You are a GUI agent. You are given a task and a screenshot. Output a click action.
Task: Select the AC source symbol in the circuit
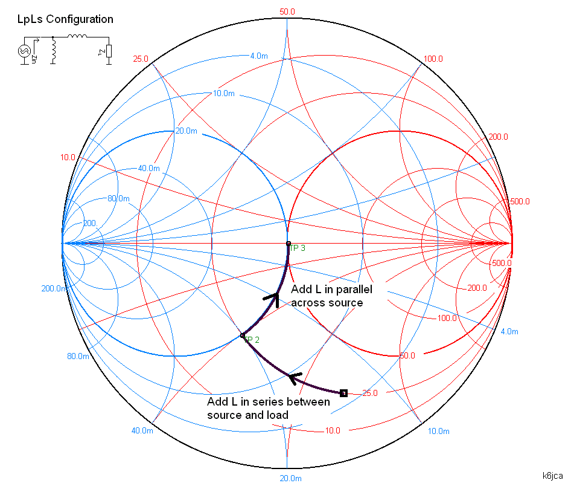pyautogui.click(x=25, y=51)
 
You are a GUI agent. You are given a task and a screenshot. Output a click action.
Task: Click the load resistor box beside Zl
pyautogui.click(x=109, y=51)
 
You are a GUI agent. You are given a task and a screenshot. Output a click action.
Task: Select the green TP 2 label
pyautogui.click(x=252, y=340)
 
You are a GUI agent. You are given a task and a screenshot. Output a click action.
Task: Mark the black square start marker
pyautogui.click(x=343, y=393)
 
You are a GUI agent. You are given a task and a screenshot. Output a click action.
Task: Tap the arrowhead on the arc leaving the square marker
pyautogui.click(x=295, y=378)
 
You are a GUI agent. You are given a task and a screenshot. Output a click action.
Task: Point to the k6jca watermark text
pyautogui.click(x=553, y=476)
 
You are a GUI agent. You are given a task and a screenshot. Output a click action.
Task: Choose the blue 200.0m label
pyautogui.click(x=54, y=288)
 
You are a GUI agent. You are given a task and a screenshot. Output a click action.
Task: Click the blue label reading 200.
pyautogui.click(x=89, y=223)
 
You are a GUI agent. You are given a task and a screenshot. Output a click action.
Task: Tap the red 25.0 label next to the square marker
pyautogui.click(x=369, y=393)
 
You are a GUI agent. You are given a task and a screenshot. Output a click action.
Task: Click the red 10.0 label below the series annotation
pyautogui.click(x=332, y=430)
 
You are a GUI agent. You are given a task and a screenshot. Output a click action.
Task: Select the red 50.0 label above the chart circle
pyautogui.click(x=287, y=11)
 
